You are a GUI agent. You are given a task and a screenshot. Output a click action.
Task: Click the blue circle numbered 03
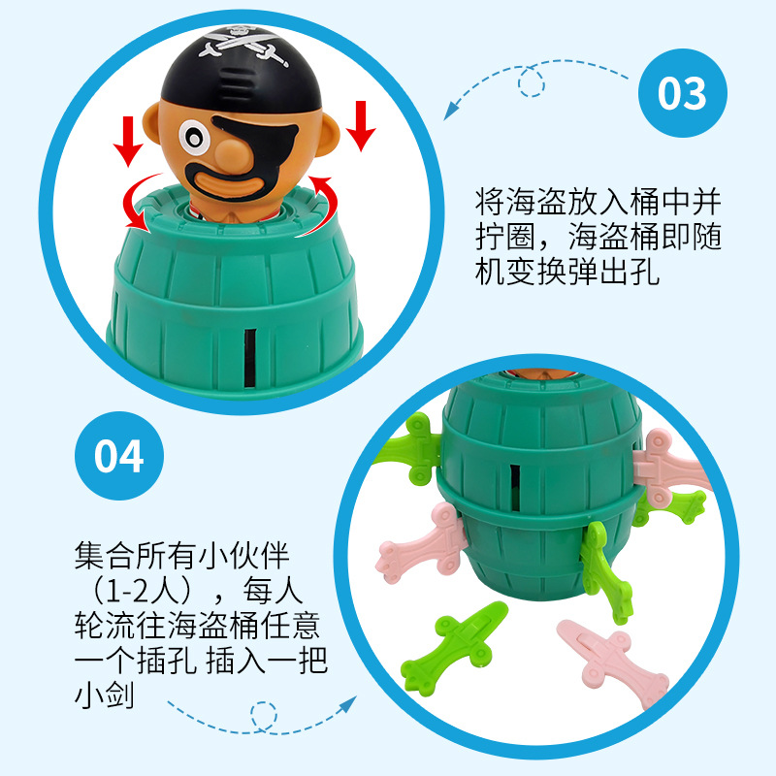pyautogui.click(x=681, y=94)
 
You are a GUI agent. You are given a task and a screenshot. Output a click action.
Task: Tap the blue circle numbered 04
pyautogui.click(x=119, y=456)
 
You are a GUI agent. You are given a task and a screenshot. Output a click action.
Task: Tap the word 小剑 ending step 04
pyautogui.click(x=106, y=696)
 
